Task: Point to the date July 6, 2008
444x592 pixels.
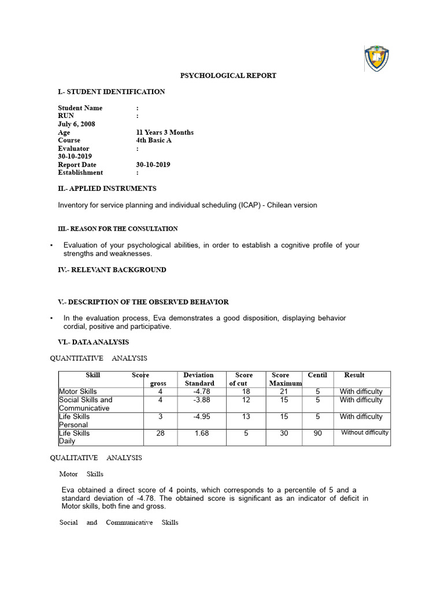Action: coord(76,124)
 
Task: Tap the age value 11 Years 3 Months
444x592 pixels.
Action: coord(165,132)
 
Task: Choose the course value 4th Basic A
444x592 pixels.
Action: coord(154,140)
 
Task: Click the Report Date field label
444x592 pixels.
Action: coord(77,165)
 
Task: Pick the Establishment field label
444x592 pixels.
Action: coord(80,172)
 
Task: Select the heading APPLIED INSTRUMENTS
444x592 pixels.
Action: coord(107,188)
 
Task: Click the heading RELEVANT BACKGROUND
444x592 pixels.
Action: coord(112,270)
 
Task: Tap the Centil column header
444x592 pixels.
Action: coord(317,375)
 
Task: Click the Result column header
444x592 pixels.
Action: coord(354,375)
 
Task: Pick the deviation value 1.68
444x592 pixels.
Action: coord(202,433)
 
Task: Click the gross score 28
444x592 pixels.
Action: coord(160,433)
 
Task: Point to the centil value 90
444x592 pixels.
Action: coord(317,433)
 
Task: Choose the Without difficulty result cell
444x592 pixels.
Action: coord(365,432)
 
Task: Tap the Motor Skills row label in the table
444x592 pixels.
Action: coord(78,392)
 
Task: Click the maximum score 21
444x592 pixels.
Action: coord(283,392)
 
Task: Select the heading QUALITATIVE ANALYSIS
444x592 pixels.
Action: coord(95,458)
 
